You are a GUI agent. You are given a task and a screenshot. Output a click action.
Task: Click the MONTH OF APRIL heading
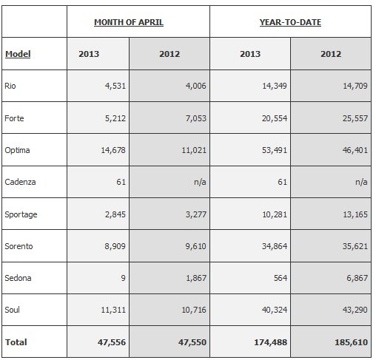click(129, 22)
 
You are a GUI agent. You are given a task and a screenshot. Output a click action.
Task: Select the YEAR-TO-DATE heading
click(290, 22)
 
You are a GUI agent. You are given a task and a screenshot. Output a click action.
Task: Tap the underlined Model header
click(18, 54)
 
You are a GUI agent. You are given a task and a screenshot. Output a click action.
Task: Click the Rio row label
click(10, 86)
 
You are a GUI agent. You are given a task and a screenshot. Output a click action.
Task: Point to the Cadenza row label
click(20, 182)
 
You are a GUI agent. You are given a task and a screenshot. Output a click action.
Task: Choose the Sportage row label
click(21, 214)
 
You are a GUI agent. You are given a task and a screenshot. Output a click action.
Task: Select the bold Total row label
click(16, 342)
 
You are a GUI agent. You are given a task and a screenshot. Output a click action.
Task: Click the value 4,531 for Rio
click(115, 86)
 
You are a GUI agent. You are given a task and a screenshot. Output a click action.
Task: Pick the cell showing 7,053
click(196, 118)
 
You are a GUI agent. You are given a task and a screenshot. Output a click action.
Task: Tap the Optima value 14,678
click(113, 150)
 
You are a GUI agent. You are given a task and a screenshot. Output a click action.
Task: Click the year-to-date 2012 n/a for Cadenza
click(361, 182)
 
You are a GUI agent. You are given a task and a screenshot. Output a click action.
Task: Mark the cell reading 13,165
click(355, 214)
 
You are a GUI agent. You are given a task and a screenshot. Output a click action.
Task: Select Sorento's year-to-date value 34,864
click(275, 246)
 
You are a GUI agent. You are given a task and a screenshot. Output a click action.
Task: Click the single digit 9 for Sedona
click(123, 278)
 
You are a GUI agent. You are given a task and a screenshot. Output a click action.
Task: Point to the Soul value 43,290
click(355, 310)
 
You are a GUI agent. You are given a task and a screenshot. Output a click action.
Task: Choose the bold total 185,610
click(352, 342)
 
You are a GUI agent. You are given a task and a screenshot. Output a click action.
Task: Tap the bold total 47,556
click(112, 342)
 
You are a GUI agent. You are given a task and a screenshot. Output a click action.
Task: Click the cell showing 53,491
click(275, 150)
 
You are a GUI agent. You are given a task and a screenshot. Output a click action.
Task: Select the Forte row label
click(14, 118)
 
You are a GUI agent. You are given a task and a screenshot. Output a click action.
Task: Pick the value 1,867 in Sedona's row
click(196, 278)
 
